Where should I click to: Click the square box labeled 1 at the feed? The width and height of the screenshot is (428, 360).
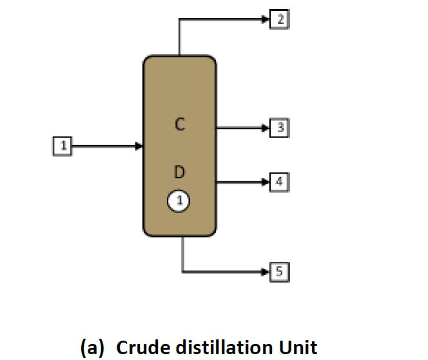(x=63, y=146)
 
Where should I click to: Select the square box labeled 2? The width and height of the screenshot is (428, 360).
(x=280, y=19)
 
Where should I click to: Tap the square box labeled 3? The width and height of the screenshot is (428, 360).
(x=280, y=128)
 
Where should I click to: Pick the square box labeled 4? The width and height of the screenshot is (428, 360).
(x=279, y=182)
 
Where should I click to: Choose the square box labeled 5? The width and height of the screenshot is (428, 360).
(x=279, y=272)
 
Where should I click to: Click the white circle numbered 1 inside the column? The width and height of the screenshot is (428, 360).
(x=179, y=201)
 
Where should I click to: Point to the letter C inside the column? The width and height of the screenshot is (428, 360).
(x=180, y=125)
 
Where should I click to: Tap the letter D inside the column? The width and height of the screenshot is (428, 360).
(x=180, y=172)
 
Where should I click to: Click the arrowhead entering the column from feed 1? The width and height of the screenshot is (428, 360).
(x=139, y=146)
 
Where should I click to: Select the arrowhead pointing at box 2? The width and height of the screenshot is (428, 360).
(x=265, y=19)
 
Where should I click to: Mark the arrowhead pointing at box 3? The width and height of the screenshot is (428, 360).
(x=265, y=128)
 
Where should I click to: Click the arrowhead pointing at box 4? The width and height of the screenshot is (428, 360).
(x=265, y=182)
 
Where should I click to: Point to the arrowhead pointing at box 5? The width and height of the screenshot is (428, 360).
(x=265, y=272)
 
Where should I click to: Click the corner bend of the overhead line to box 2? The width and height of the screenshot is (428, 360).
(x=179, y=19)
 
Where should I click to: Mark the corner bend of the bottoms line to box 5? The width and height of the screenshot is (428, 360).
(x=183, y=272)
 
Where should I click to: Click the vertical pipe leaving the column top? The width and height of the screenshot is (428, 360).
(x=179, y=39)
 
